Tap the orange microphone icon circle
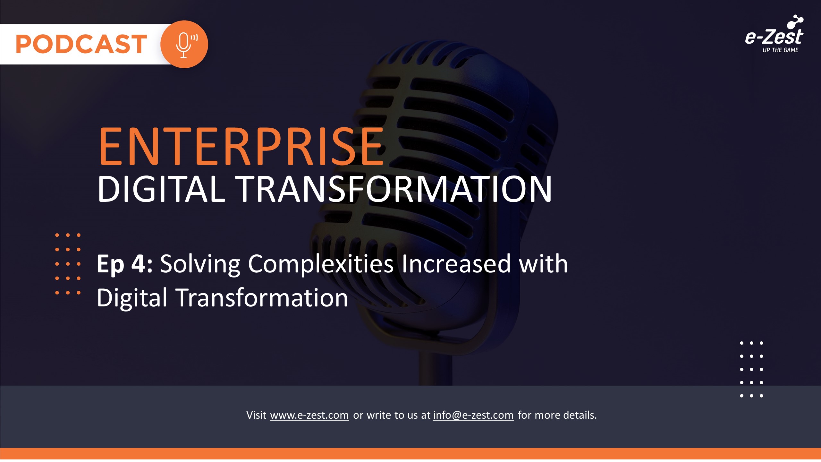(x=184, y=44)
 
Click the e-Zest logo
(x=774, y=34)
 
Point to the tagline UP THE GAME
(x=780, y=50)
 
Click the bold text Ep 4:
(x=124, y=264)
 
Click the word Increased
(x=456, y=264)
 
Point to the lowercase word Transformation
(x=262, y=298)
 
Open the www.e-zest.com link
(x=309, y=415)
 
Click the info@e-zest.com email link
(x=473, y=415)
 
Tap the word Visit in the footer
(x=256, y=415)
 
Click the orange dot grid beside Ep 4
(x=68, y=264)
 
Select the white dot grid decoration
(x=751, y=369)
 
